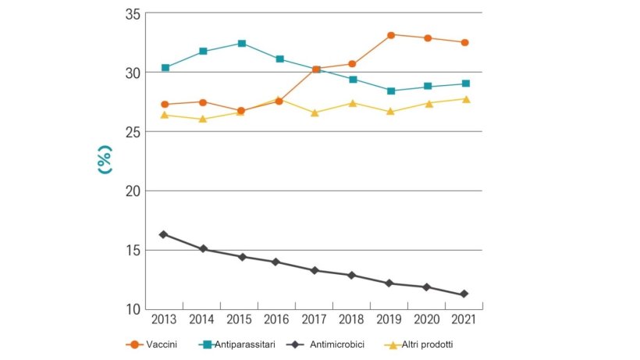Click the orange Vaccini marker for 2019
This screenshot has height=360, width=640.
[390, 35]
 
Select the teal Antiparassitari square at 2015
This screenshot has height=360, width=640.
[242, 44]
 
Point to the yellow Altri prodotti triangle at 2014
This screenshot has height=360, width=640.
[203, 119]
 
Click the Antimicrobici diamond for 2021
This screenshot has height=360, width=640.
[464, 294]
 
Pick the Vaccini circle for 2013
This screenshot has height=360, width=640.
[164, 104]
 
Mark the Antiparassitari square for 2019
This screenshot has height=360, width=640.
[390, 91]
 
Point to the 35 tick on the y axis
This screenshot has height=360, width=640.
[131, 14]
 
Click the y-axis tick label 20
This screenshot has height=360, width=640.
[131, 191]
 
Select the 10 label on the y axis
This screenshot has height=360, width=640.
[131, 309]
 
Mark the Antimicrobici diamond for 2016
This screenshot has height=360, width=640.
[276, 262]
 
